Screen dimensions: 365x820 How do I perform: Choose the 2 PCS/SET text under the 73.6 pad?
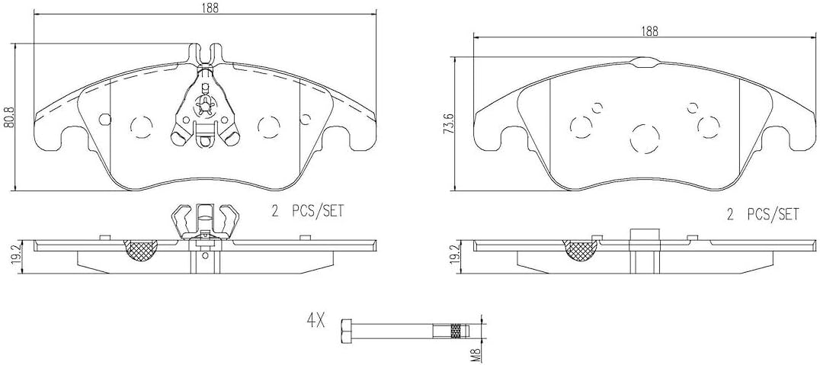pyautogui.click(x=762, y=215)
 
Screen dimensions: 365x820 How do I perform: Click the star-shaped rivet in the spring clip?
pyautogui.click(x=203, y=106)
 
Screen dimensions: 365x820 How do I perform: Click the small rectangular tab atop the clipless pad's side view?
pyautogui.click(x=642, y=235)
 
